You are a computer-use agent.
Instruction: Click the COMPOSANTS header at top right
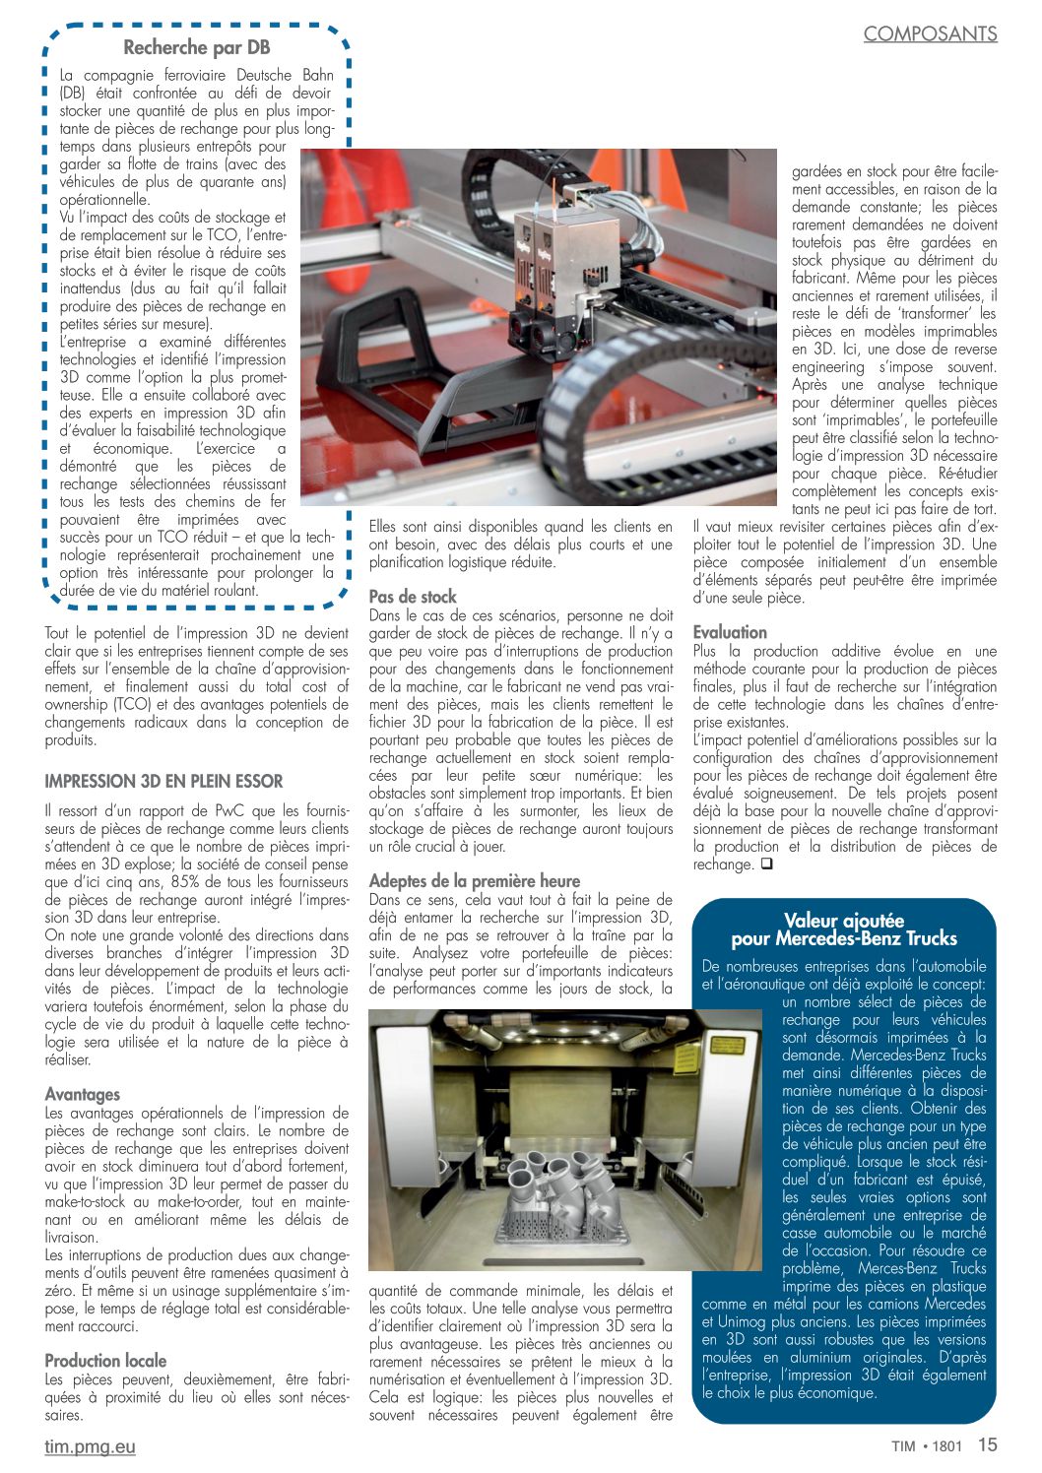pos(930,33)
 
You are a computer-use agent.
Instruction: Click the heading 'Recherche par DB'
pos(196,47)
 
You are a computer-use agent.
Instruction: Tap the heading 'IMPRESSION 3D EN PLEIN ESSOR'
pos(163,782)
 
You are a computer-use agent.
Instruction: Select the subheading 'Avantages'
pos(83,1094)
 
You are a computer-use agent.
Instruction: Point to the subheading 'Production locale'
pos(105,1361)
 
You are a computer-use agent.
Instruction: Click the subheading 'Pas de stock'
pos(413,597)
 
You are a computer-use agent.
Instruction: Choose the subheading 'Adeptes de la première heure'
pos(474,881)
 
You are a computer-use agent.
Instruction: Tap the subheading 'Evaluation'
pos(730,632)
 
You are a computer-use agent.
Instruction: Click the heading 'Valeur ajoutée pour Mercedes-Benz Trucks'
pos(843,929)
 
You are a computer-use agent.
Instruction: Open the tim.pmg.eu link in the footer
pos(90,1446)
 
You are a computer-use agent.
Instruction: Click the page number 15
pos(987,1444)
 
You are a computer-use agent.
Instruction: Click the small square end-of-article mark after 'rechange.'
pos(766,865)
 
